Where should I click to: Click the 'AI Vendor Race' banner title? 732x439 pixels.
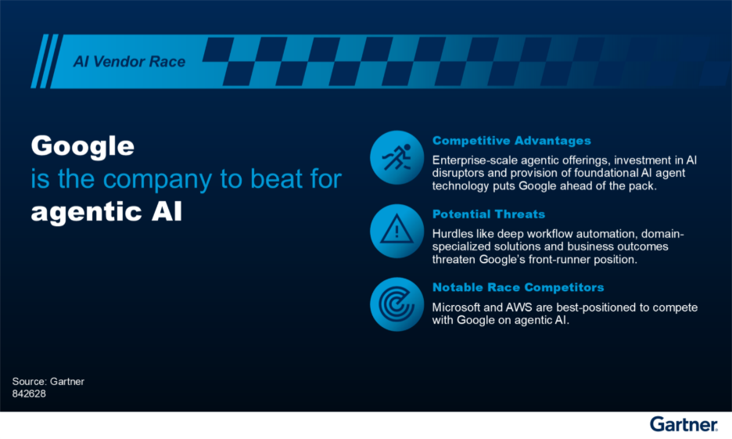click(x=129, y=62)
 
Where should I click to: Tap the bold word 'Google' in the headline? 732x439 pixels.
click(x=82, y=146)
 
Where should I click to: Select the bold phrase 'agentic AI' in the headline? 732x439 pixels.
click(x=106, y=211)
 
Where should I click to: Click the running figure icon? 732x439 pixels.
click(x=396, y=157)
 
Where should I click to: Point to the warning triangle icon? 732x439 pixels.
click(x=396, y=231)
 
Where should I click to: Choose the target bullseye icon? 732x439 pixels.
click(x=396, y=304)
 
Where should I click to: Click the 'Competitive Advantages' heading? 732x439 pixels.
click(x=511, y=141)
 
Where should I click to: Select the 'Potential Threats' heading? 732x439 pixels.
click(x=489, y=214)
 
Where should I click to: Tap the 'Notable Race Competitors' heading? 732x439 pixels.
click(x=518, y=287)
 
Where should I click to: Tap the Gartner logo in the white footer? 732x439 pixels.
click(x=684, y=424)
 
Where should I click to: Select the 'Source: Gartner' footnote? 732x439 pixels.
click(x=48, y=381)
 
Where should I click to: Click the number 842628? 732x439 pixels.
click(x=30, y=394)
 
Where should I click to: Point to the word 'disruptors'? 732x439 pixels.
click(x=458, y=174)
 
